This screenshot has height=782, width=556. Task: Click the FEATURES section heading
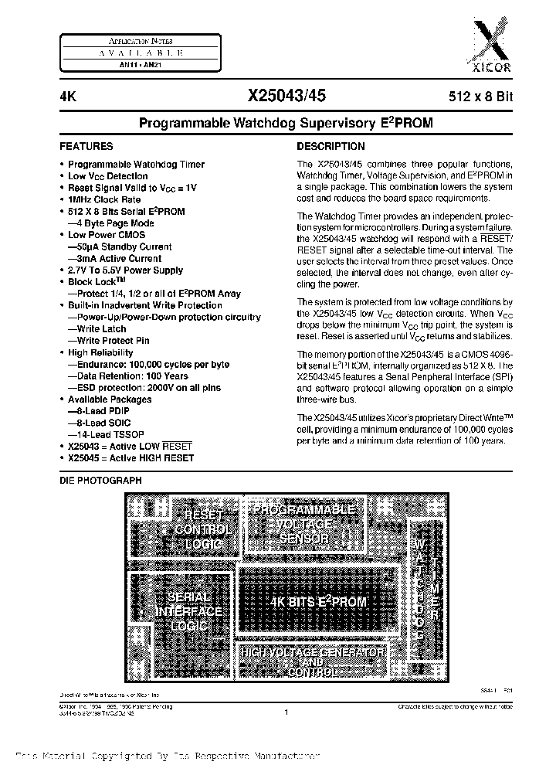click(86, 146)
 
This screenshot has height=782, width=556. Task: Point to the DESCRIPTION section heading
click(331, 146)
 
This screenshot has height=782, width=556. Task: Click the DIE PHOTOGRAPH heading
click(100, 481)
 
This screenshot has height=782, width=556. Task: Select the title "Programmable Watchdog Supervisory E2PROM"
click(285, 123)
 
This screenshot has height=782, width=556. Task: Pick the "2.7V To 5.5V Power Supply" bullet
click(125, 270)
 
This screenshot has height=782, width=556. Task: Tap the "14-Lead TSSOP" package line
click(105, 434)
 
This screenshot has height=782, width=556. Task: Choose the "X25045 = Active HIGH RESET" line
click(131, 458)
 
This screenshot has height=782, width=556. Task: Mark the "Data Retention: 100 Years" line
click(127, 376)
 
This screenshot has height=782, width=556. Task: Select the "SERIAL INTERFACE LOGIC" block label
click(188, 610)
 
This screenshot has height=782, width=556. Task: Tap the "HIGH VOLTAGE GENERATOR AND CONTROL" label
click(312, 662)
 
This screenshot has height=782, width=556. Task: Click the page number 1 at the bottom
click(285, 713)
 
